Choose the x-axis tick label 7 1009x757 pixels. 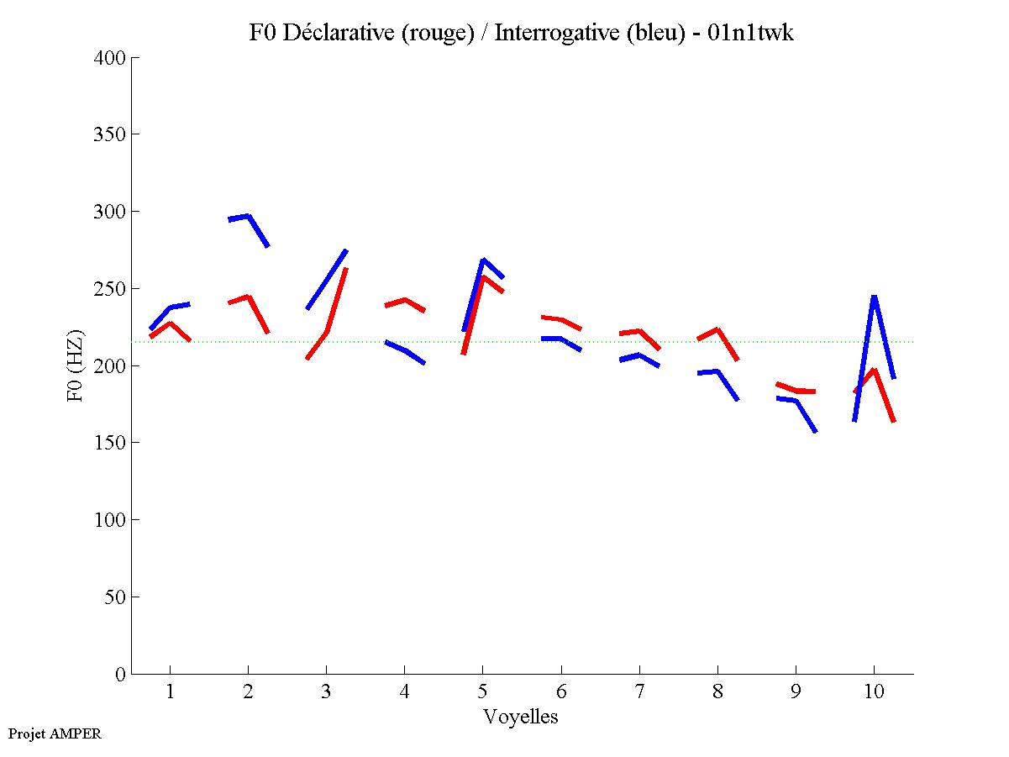(639, 691)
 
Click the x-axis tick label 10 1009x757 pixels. (875, 691)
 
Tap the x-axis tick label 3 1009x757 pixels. (326, 691)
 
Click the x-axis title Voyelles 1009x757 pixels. (521, 717)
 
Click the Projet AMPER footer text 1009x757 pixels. (55, 733)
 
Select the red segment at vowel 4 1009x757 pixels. (405, 300)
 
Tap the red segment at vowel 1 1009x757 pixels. (171, 323)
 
